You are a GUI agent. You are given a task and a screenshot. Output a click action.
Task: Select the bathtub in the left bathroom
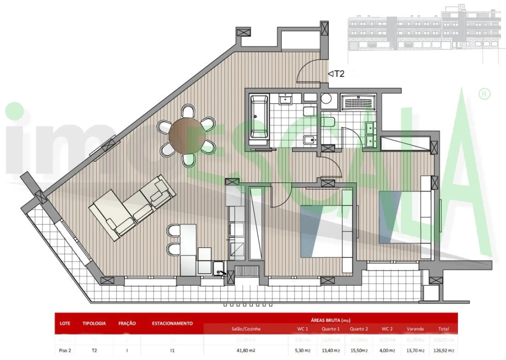coord(259,116)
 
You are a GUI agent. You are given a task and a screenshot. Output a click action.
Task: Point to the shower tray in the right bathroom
coord(357,102)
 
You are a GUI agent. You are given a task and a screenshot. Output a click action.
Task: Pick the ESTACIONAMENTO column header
coord(172,323)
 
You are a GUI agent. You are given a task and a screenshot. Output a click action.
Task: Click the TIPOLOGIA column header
coord(94,323)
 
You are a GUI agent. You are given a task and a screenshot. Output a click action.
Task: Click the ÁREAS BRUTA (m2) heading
coord(332,319)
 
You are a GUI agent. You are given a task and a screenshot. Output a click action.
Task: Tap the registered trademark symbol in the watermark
coord(484,94)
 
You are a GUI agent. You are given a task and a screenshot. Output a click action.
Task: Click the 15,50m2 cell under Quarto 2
coord(359,350)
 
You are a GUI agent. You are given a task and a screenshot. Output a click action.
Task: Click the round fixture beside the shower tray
coord(326,98)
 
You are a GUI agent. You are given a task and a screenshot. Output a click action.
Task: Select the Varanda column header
coord(415,329)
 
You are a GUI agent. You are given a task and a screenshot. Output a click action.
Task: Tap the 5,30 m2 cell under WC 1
coord(303,350)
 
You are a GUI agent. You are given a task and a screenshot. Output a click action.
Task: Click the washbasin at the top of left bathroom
coord(286,99)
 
